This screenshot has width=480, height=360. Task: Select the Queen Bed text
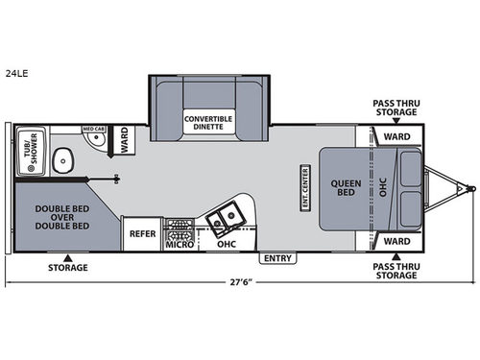pos(345,188)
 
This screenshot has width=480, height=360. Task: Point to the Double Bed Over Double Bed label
pos(65,216)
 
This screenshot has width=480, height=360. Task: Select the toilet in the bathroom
pos(62,160)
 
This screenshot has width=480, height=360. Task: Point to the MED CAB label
pos(93,129)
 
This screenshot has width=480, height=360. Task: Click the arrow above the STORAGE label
pos(66,258)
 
